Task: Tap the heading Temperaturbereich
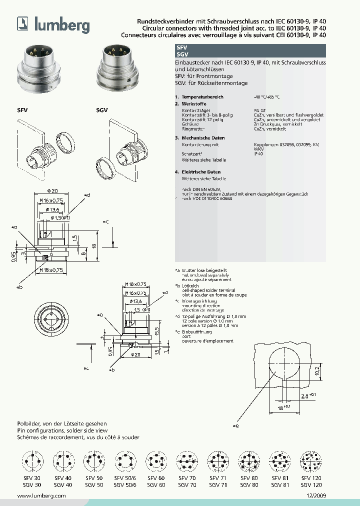202,96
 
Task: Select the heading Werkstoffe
193,103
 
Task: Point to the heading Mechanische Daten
203,137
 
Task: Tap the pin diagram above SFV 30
31,458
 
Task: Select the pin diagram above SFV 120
310,458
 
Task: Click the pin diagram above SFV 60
155,458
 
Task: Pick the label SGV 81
279,484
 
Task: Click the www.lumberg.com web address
41,495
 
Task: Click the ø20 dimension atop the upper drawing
52,190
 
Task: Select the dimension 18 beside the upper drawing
93,246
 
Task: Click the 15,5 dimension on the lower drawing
157,331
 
